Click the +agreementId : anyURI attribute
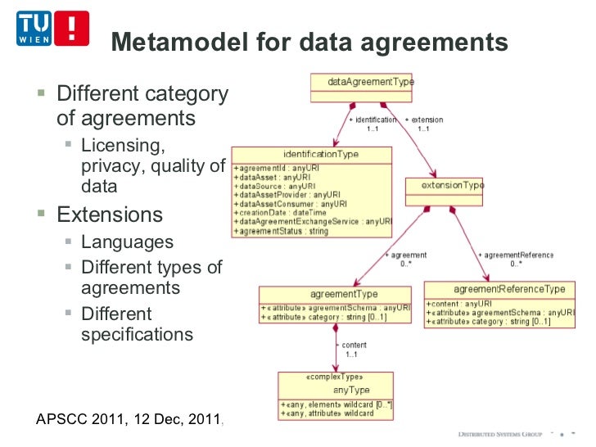[276, 168]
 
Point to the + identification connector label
[372, 120]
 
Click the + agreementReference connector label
[515, 255]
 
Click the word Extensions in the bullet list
[109, 215]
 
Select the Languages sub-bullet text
[127, 242]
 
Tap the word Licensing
[123, 146]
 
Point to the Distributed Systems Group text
[499, 432]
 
